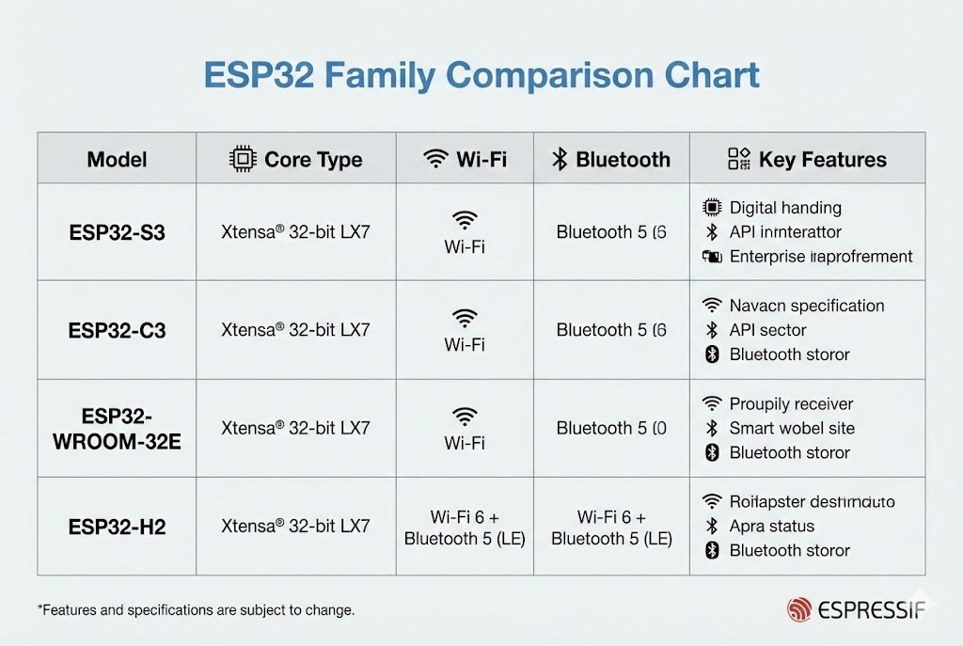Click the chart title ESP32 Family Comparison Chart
point(481,75)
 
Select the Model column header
point(117,159)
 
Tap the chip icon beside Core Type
point(243,159)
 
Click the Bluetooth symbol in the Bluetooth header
point(560,159)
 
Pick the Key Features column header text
point(822,159)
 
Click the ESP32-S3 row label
point(117,232)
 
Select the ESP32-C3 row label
point(117,330)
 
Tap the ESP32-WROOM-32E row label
point(117,428)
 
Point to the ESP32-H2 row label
point(117,526)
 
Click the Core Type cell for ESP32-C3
point(295,330)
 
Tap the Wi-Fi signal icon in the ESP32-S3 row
point(465,220)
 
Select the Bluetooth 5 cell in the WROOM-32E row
point(611,428)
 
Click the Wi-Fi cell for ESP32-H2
point(465,528)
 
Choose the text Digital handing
point(785,208)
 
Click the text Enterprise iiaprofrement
point(821,257)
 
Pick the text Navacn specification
point(806,306)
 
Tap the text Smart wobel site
point(791,428)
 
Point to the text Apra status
point(771,526)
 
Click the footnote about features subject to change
point(196,610)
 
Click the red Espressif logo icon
point(798,609)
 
